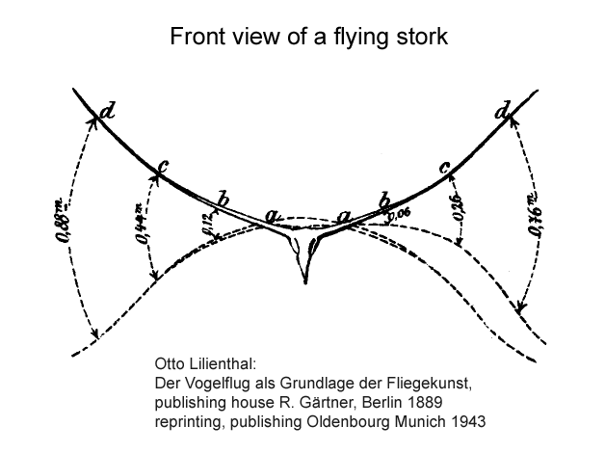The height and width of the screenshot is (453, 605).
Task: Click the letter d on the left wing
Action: click(106, 111)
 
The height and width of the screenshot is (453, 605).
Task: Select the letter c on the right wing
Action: click(445, 168)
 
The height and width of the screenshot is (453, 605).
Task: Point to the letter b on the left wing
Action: click(224, 199)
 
